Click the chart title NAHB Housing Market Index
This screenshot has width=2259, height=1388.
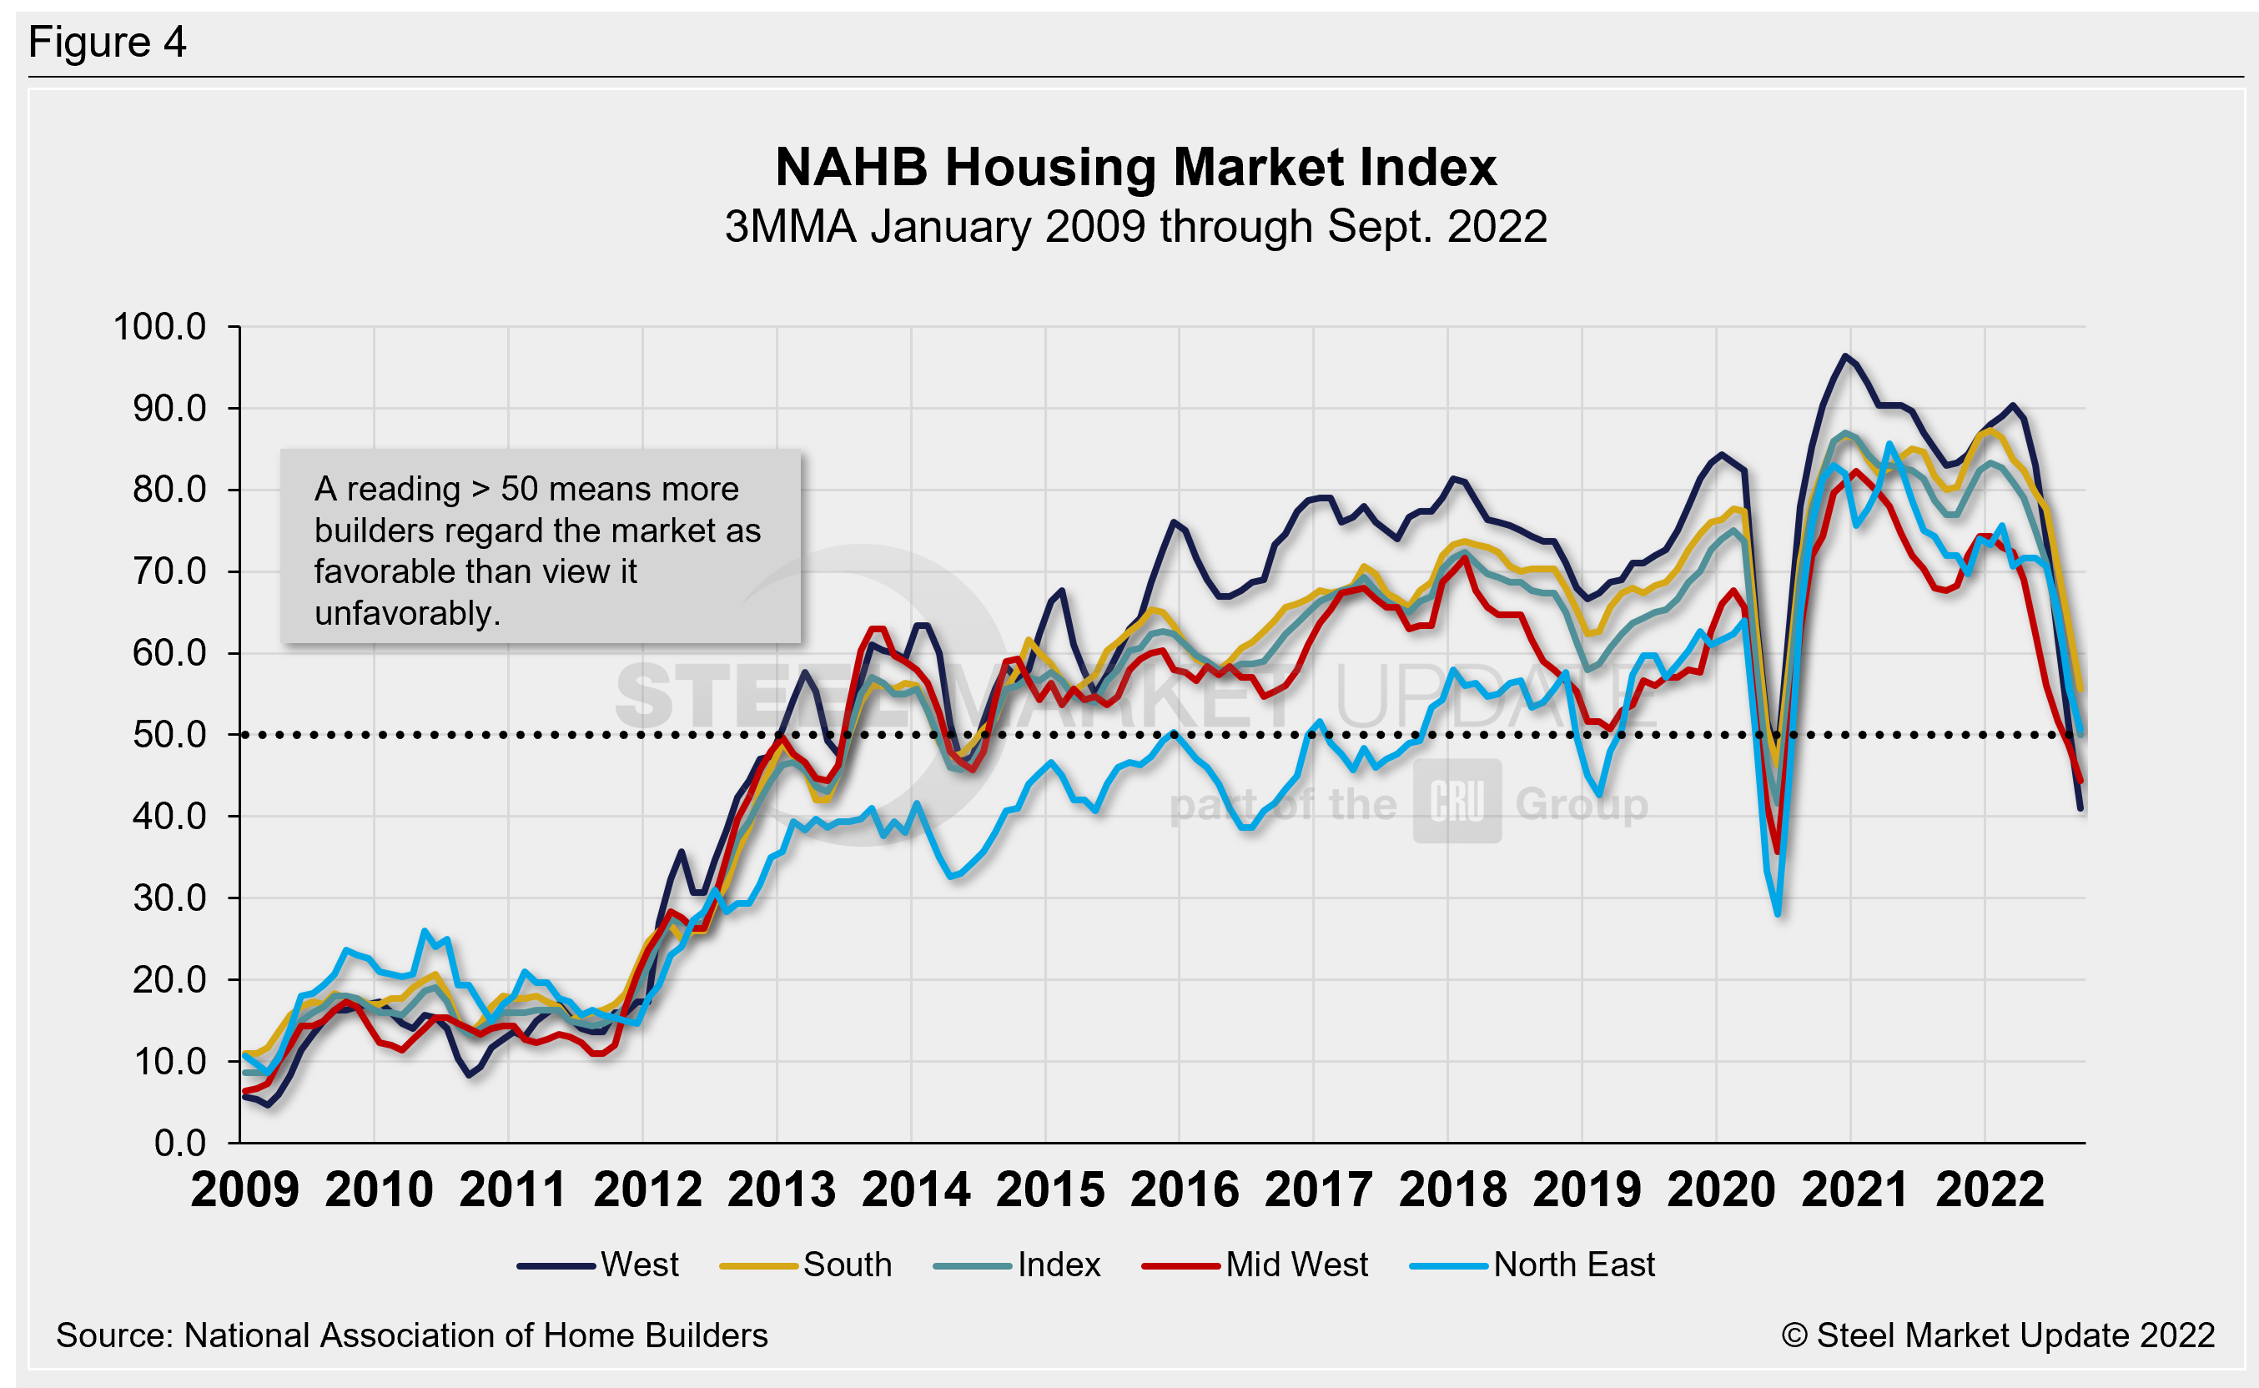tap(1135, 167)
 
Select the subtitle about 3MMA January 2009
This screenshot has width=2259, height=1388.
tap(1135, 227)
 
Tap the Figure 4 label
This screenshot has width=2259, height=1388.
tap(108, 43)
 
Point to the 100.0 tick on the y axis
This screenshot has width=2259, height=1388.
tap(158, 327)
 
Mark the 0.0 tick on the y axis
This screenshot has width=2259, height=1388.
tap(180, 1143)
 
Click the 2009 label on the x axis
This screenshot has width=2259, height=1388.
tap(245, 1190)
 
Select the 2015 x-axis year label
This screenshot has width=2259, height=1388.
tap(1050, 1190)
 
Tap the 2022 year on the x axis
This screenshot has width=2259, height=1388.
tap(1989, 1190)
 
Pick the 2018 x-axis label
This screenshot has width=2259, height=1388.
tap(1452, 1190)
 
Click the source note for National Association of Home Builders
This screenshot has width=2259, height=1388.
tap(411, 1335)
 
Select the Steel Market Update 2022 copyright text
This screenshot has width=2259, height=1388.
tap(1997, 1335)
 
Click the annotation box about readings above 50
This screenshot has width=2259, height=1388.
tap(540, 548)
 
